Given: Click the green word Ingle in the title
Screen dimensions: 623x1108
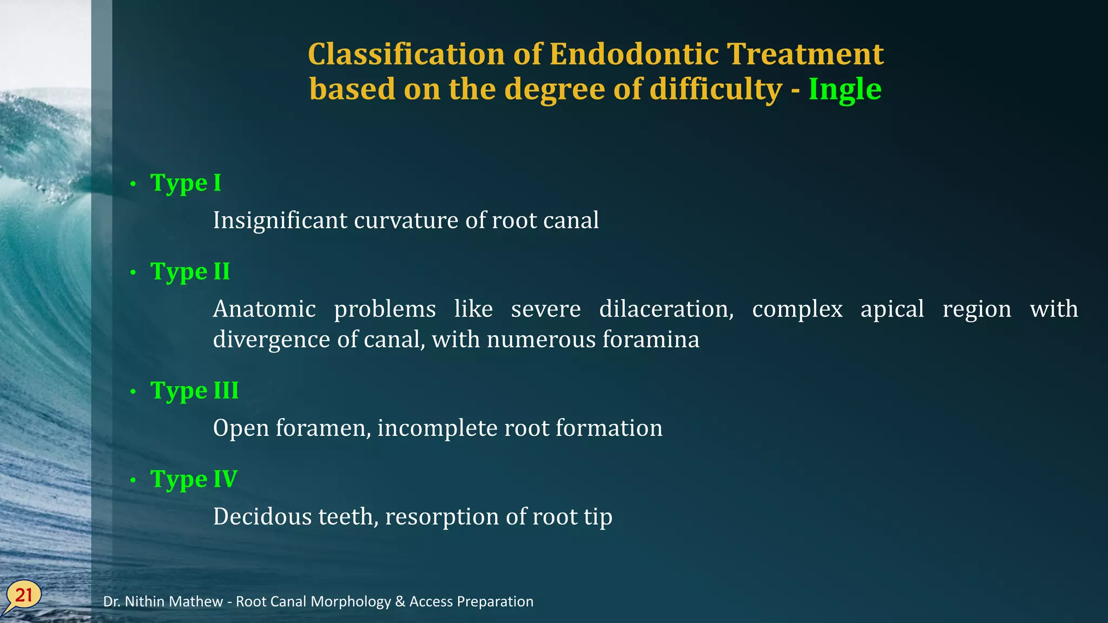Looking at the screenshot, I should (x=845, y=90).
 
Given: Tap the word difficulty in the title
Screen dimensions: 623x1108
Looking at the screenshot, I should (x=716, y=90).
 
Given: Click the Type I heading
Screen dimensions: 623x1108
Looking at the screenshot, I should (x=186, y=183).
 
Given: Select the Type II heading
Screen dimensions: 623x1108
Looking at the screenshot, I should (x=190, y=272).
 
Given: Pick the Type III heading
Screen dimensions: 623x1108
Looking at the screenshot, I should (x=194, y=391).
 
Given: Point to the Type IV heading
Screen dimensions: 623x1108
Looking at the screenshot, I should (x=194, y=480).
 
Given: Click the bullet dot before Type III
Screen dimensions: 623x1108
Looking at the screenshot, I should (x=133, y=392).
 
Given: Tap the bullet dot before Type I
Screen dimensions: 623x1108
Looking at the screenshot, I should (x=133, y=184).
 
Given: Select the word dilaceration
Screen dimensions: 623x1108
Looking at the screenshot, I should (x=666, y=309).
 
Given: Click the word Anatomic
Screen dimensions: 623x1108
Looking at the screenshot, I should (x=264, y=309).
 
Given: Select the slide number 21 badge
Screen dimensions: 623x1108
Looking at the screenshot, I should (x=23, y=596).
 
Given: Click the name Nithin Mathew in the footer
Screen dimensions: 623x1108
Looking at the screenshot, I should (x=174, y=602).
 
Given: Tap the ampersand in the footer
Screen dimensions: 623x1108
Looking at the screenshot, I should (x=400, y=602).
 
